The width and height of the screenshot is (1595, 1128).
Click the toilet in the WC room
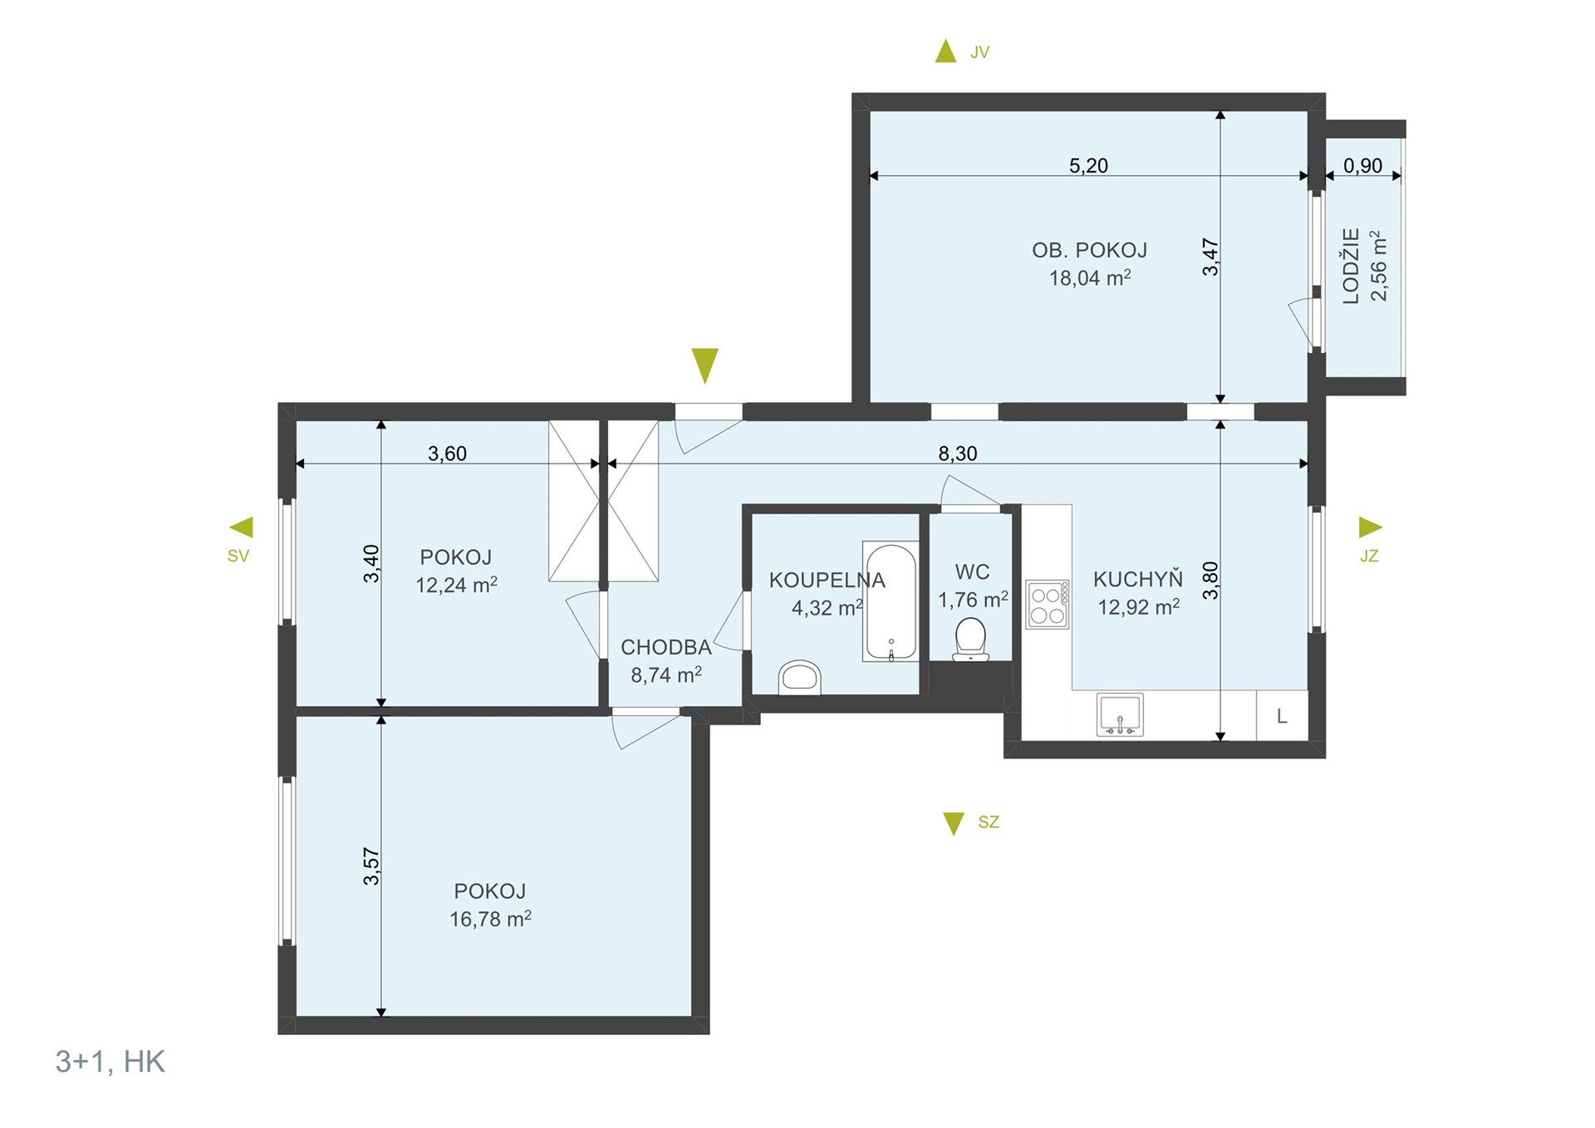coord(970,640)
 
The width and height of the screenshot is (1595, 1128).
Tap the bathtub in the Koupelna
coord(891,601)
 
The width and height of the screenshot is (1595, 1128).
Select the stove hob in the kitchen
coord(1047,604)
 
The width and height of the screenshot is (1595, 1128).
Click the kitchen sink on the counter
coord(1120,714)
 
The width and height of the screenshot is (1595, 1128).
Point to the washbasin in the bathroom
coord(800,677)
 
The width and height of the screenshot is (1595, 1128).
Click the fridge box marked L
coord(1282,715)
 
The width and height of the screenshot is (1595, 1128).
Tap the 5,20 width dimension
coord(1088,166)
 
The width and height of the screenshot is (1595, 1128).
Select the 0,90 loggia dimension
coord(1362,166)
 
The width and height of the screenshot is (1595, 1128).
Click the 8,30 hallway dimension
coord(958,454)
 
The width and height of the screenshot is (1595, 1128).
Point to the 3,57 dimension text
coord(371,866)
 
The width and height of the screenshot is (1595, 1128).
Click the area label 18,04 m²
coord(1090,277)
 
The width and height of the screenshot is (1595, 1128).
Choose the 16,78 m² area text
coord(490,919)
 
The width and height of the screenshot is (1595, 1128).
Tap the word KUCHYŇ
coord(1138,579)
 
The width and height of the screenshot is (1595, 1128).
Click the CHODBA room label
coord(666,647)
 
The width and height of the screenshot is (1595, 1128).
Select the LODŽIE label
coord(1352,266)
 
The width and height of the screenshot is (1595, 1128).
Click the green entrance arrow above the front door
coord(704,365)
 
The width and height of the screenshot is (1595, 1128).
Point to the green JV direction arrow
coord(945,51)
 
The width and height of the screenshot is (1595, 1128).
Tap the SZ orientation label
coord(989,822)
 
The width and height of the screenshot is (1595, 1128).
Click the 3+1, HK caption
coord(110,1062)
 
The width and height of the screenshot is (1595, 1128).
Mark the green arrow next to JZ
coord(1371,527)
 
